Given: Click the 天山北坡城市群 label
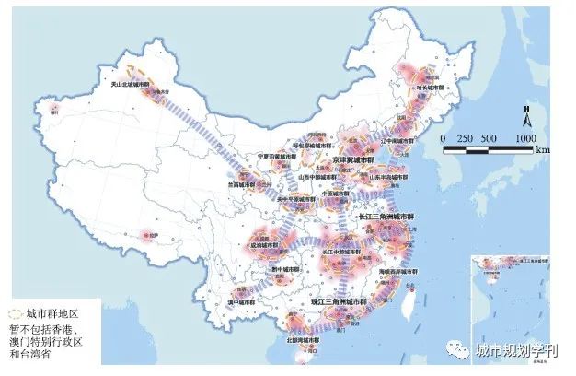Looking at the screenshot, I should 131,85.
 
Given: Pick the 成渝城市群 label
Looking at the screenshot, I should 261,246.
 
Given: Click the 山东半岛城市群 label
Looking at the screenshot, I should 385,176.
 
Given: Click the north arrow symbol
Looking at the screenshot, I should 525,118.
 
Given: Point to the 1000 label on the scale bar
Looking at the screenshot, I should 524,137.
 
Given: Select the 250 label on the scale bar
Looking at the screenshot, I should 465,137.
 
